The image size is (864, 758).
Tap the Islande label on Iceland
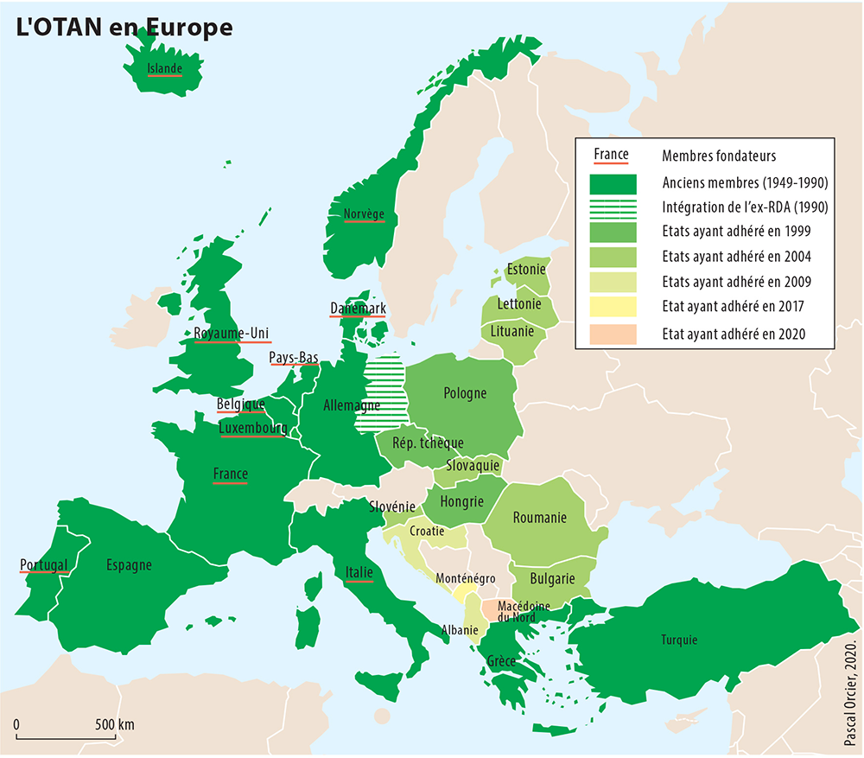point(164,68)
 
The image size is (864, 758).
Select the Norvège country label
point(364,214)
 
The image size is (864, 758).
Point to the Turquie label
point(679,640)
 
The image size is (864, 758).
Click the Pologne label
point(465,393)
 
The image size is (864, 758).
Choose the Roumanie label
point(539,518)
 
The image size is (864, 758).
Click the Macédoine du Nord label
point(524,613)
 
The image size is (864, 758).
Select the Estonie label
point(526,269)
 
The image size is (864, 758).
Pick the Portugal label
point(43,565)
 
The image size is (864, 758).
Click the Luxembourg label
point(252,428)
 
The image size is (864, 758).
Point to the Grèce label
point(501,662)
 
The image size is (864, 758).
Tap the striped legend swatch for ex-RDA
point(613,207)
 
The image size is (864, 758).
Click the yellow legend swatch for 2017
point(613,307)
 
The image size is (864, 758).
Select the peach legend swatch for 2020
point(613,333)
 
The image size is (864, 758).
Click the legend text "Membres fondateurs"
point(719,156)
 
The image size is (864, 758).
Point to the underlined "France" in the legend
point(611,156)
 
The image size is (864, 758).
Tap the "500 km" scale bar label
point(114,724)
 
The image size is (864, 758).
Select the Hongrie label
point(461,502)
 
